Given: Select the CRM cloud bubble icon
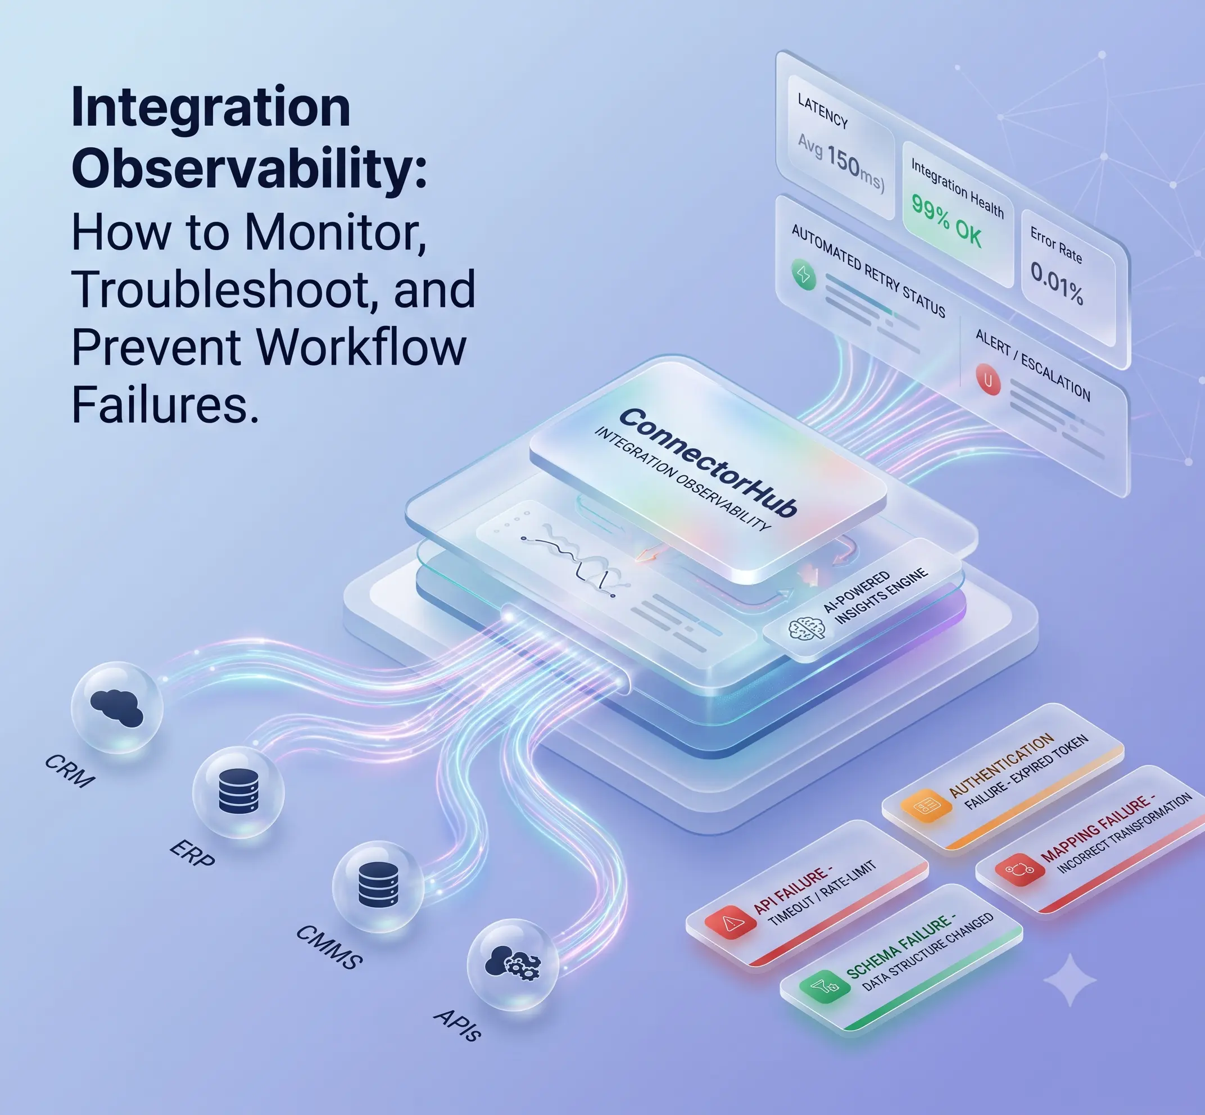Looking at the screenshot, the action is (117, 708).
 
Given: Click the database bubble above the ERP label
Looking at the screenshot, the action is (238, 792).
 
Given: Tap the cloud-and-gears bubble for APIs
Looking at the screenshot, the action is (514, 964).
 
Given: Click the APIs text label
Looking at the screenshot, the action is (457, 1025).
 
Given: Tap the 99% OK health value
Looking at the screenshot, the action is (946, 221).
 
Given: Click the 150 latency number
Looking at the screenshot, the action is (852, 162).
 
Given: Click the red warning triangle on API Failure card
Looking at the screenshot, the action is (731, 921).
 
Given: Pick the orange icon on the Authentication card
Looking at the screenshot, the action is (926, 805).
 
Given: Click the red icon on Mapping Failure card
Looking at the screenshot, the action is (1020, 869).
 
